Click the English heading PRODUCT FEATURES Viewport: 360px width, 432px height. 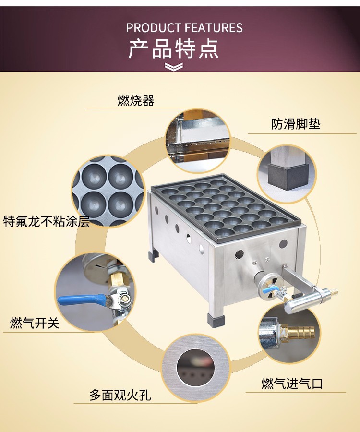tap(184, 27)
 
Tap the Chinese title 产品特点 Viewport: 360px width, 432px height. tap(173, 48)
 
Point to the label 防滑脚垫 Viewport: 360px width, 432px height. tap(295, 124)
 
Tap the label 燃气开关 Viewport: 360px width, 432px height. tap(35, 324)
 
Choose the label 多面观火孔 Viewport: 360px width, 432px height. tap(120, 396)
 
